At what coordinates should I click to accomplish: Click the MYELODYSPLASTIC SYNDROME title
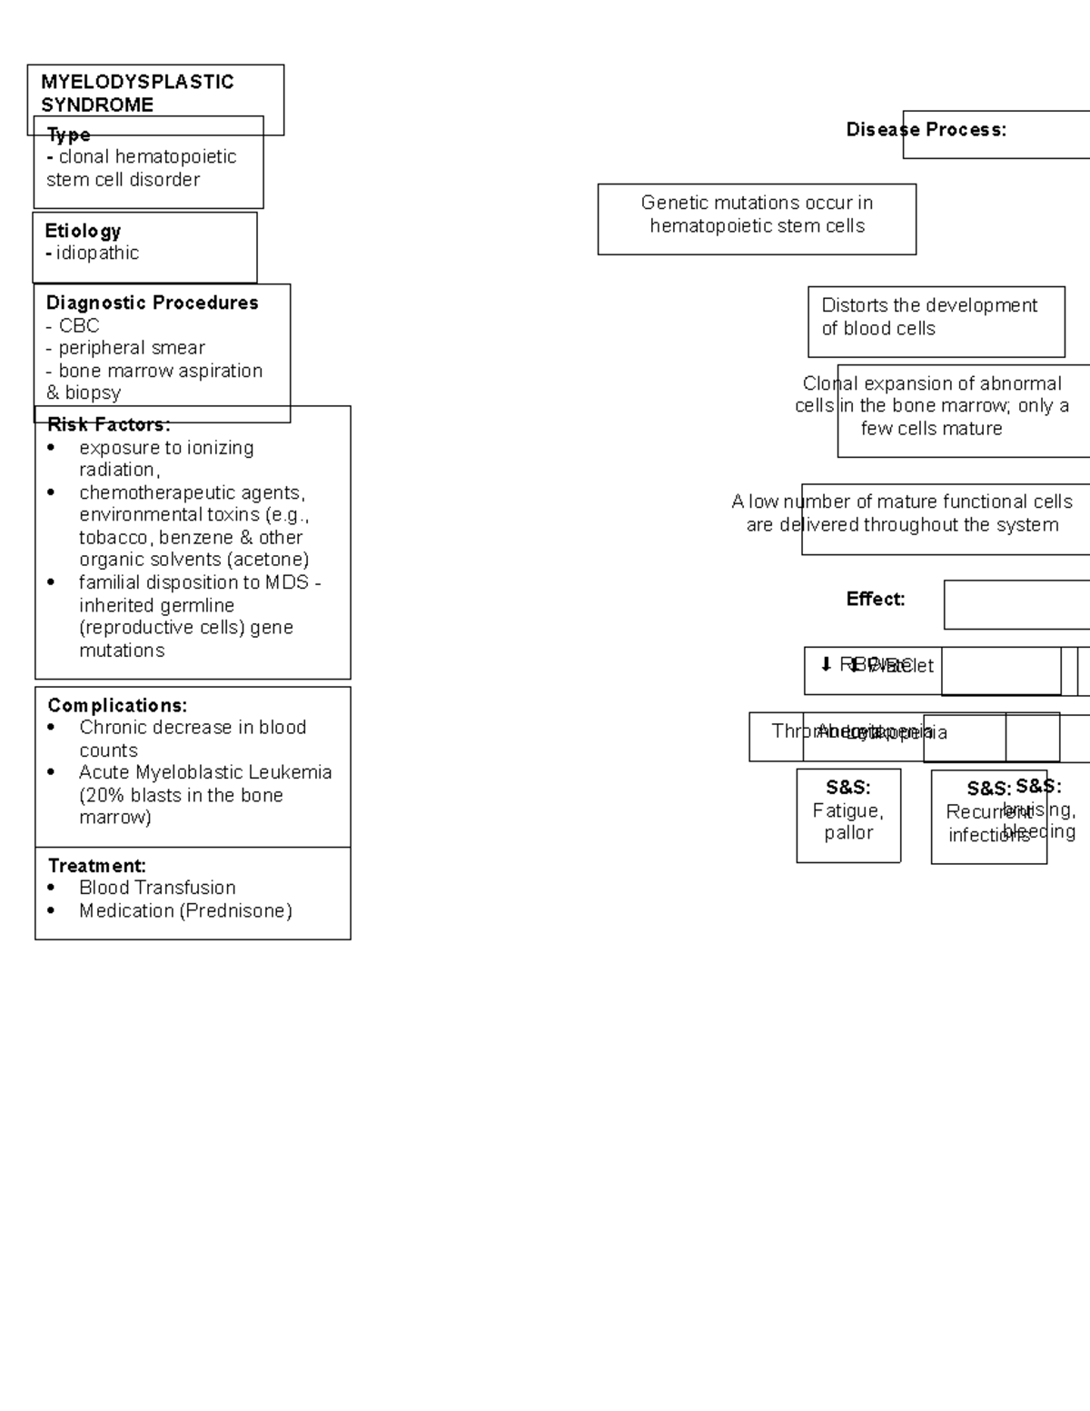[136, 93]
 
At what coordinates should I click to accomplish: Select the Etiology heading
[83, 231]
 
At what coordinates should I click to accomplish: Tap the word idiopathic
[97, 253]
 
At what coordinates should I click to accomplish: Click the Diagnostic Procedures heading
[152, 303]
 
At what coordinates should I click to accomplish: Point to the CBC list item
[78, 325]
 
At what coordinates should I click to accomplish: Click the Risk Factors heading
[108, 424]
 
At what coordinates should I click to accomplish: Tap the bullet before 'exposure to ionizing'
[52, 448]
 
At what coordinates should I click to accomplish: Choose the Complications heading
[117, 705]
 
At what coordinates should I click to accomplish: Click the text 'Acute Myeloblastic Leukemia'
[205, 772]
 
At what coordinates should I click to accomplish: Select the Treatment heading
[96, 866]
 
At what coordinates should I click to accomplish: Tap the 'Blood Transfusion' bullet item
[157, 888]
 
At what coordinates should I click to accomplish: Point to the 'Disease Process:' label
[926, 130]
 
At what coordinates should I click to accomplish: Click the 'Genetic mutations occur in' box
[757, 219]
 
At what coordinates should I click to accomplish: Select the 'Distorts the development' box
[936, 322]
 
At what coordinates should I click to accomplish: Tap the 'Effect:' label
[875, 599]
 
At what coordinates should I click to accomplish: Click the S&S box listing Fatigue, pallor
[848, 815]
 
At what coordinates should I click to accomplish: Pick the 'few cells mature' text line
[931, 429]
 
